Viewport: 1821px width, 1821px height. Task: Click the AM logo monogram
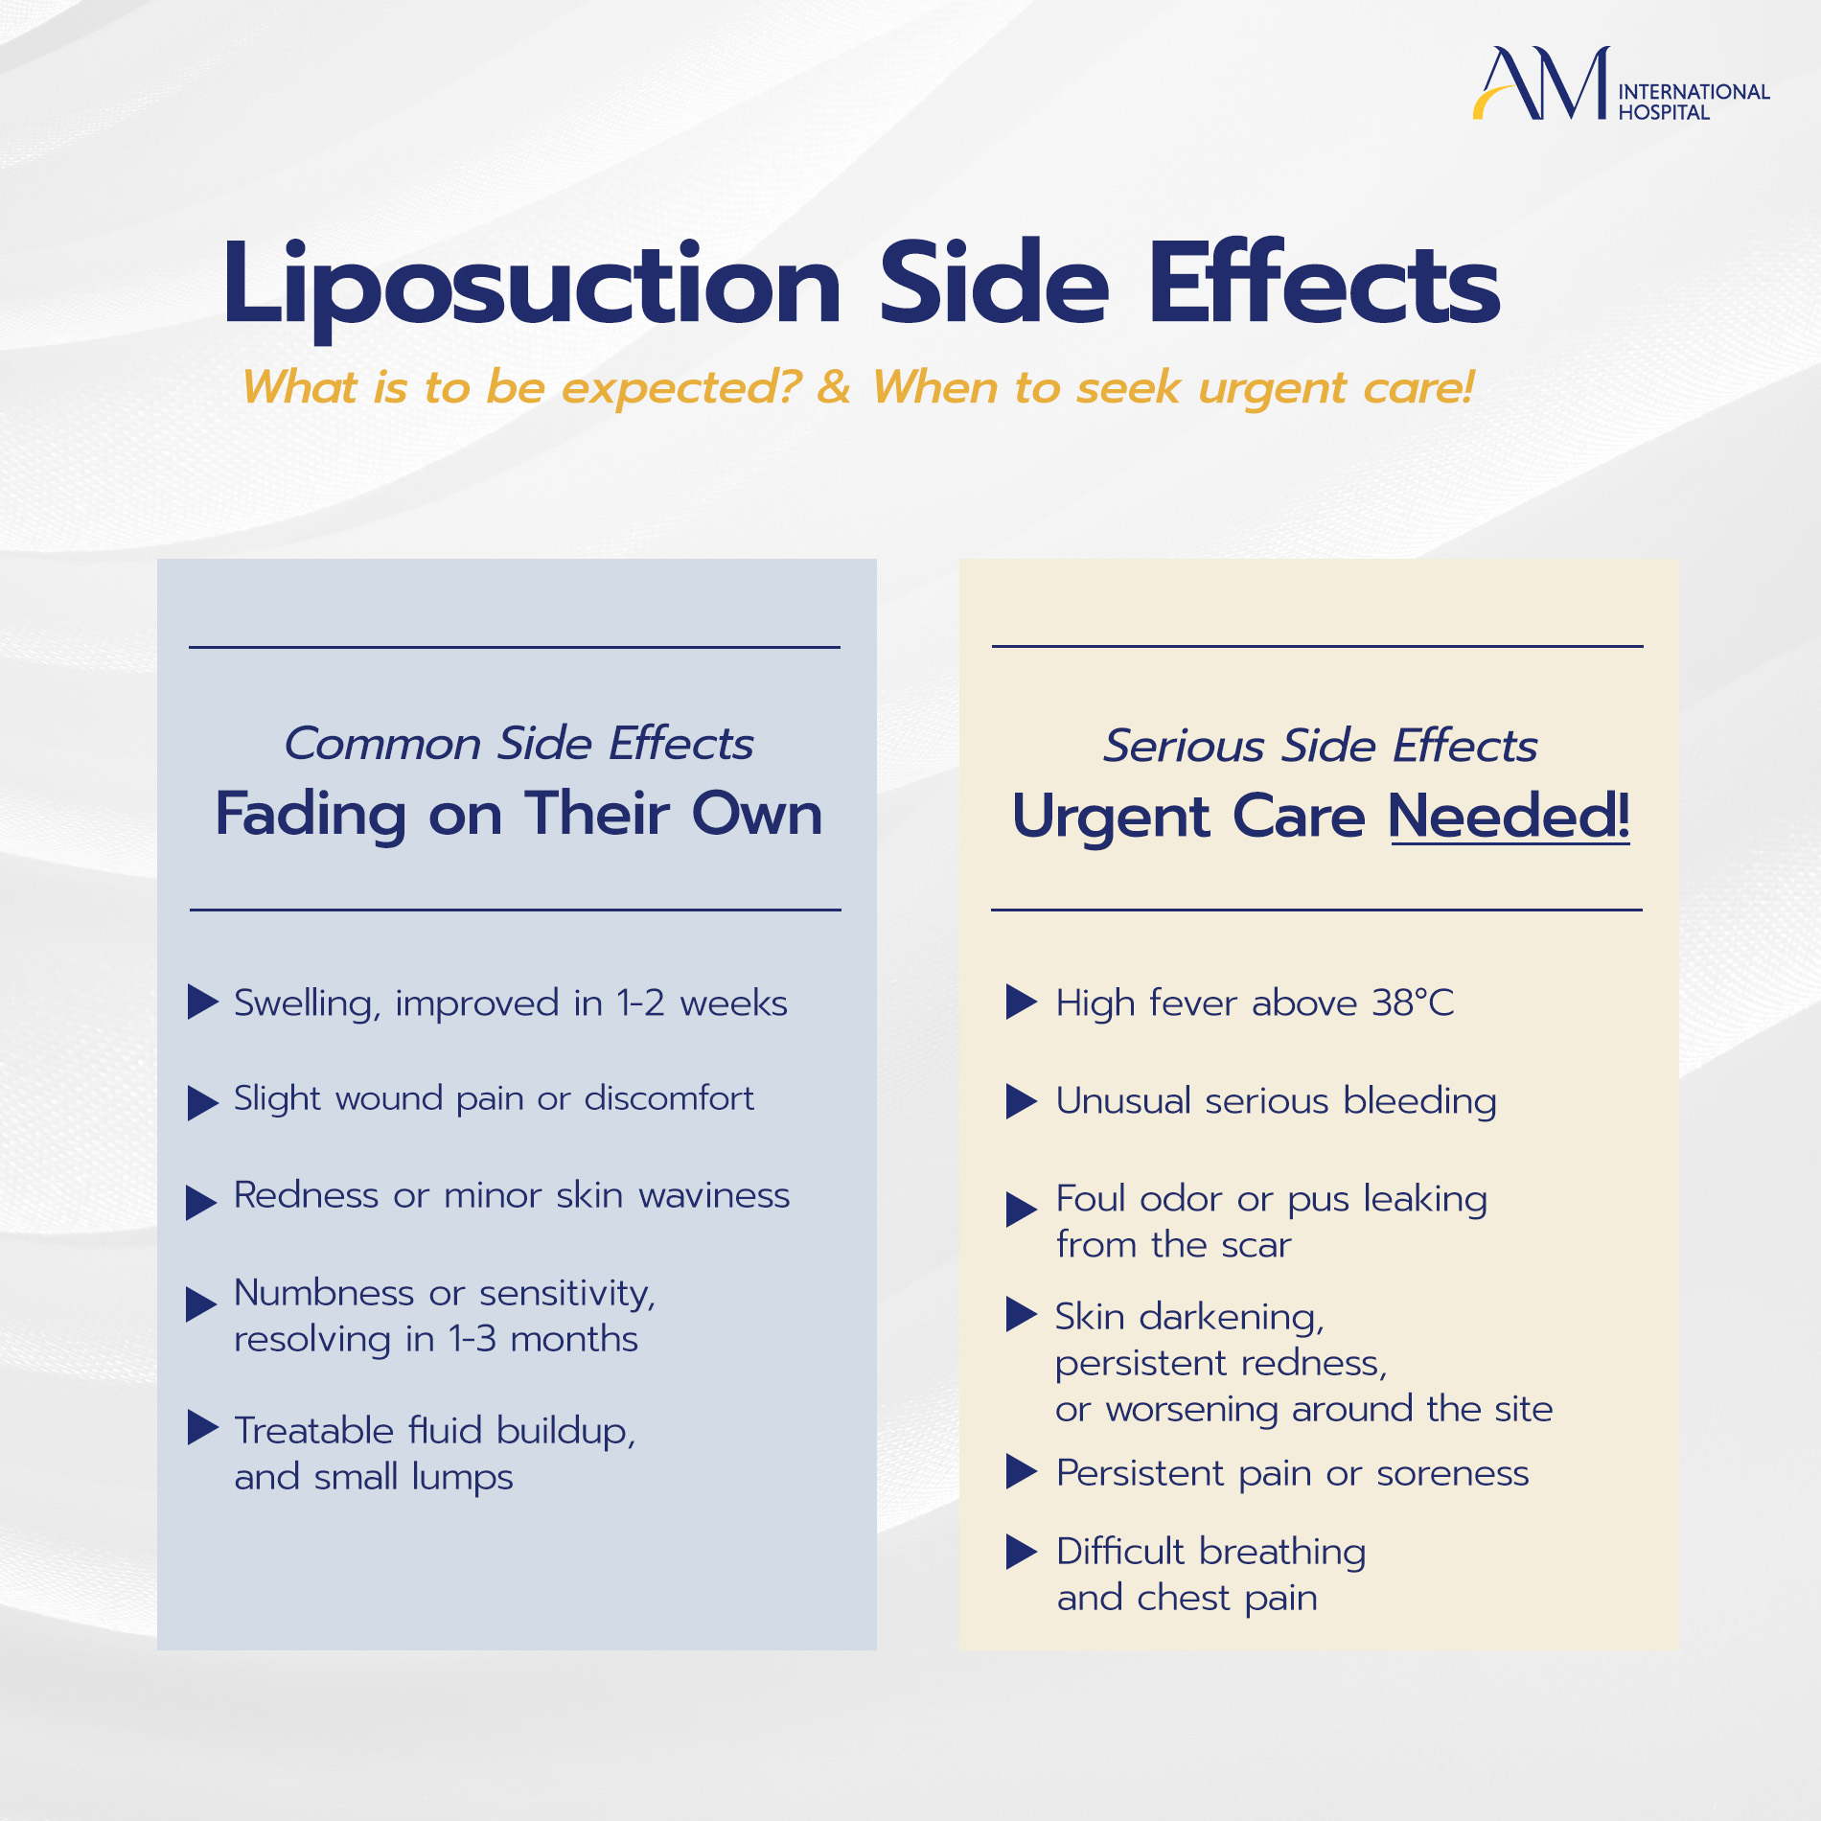click(1541, 83)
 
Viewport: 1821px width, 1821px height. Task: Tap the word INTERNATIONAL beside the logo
click(1694, 92)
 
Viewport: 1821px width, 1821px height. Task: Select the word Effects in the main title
click(1324, 283)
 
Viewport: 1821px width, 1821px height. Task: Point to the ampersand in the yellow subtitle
click(834, 387)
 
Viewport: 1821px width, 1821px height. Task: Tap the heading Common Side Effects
click(519, 744)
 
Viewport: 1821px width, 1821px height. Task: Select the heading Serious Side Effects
click(1320, 746)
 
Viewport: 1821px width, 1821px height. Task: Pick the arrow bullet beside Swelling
click(202, 1002)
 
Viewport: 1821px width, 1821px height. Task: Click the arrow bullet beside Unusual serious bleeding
click(1022, 1101)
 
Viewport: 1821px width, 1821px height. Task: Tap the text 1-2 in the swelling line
click(641, 1003)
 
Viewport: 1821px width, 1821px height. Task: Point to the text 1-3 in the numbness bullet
click(473, 1339)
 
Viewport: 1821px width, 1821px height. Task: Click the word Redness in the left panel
click(307, 1195)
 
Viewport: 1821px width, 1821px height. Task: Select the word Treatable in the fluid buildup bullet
click(314, 1430)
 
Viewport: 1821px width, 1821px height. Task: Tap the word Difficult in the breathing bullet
click(1120, 1552)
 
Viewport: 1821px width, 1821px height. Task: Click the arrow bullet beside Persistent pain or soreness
click(1022, 1472)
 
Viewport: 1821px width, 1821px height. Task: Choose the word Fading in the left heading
click(311, 816)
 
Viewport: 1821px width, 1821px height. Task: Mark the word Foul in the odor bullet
click(1091, 1199)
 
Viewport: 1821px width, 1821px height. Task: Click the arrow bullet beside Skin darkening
click(1022, 1314)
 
